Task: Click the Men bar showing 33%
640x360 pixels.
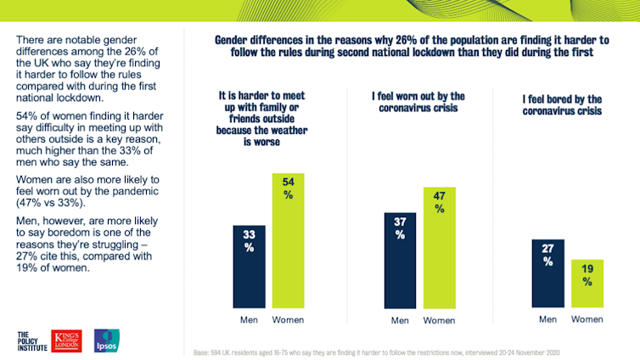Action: (x=250, y=266)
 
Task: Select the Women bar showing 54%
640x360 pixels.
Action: (x=288, y=240)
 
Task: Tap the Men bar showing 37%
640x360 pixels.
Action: (x=399, y=259)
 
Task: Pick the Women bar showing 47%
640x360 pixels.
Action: (x=438, y=246)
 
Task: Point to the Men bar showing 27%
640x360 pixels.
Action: (x=548, y=272)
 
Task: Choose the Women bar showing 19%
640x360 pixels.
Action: (x=587, y=283)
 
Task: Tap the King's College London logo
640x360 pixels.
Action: (x=66, y=339)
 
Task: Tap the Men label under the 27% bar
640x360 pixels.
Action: (x=548, y=319)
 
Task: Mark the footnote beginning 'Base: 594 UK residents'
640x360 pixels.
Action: (x=377, y=351)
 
